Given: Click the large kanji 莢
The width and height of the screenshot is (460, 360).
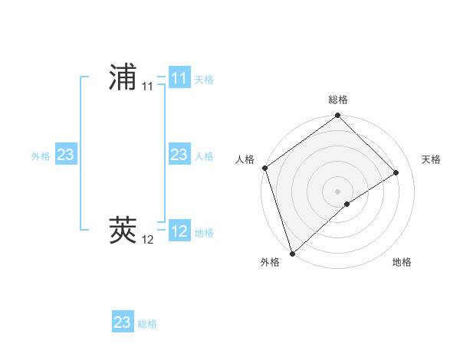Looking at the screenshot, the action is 123,229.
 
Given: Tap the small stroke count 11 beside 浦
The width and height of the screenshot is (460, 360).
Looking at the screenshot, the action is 147,87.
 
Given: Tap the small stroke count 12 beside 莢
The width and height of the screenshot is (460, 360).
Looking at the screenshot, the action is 147,240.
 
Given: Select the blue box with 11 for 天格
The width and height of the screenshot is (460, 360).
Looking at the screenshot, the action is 179,78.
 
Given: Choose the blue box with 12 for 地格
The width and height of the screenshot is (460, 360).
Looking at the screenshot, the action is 179,231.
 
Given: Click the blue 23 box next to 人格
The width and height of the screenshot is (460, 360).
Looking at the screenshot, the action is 179,155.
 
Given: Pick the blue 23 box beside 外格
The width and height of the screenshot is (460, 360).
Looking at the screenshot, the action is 65,155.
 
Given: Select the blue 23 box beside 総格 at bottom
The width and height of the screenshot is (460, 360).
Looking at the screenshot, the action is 123,322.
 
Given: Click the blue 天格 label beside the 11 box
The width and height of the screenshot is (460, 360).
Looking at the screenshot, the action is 204,80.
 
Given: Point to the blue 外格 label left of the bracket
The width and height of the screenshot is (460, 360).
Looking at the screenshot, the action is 41,156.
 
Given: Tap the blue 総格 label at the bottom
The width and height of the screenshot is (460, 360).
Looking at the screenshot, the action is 147,324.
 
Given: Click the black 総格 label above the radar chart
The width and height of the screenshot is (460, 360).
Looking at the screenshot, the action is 338,100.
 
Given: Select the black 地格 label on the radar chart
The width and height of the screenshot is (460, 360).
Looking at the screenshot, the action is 402,263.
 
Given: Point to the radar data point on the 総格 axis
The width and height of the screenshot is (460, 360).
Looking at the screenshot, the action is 337,116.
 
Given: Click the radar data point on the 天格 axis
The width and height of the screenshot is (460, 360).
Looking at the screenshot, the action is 396,172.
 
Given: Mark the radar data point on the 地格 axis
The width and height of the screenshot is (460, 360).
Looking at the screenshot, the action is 347,204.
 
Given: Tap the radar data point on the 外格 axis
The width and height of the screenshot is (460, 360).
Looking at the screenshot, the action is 292,252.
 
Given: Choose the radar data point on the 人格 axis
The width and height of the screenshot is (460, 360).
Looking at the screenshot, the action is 264,168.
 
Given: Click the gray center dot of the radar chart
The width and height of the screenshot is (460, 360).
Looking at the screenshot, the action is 337,191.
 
